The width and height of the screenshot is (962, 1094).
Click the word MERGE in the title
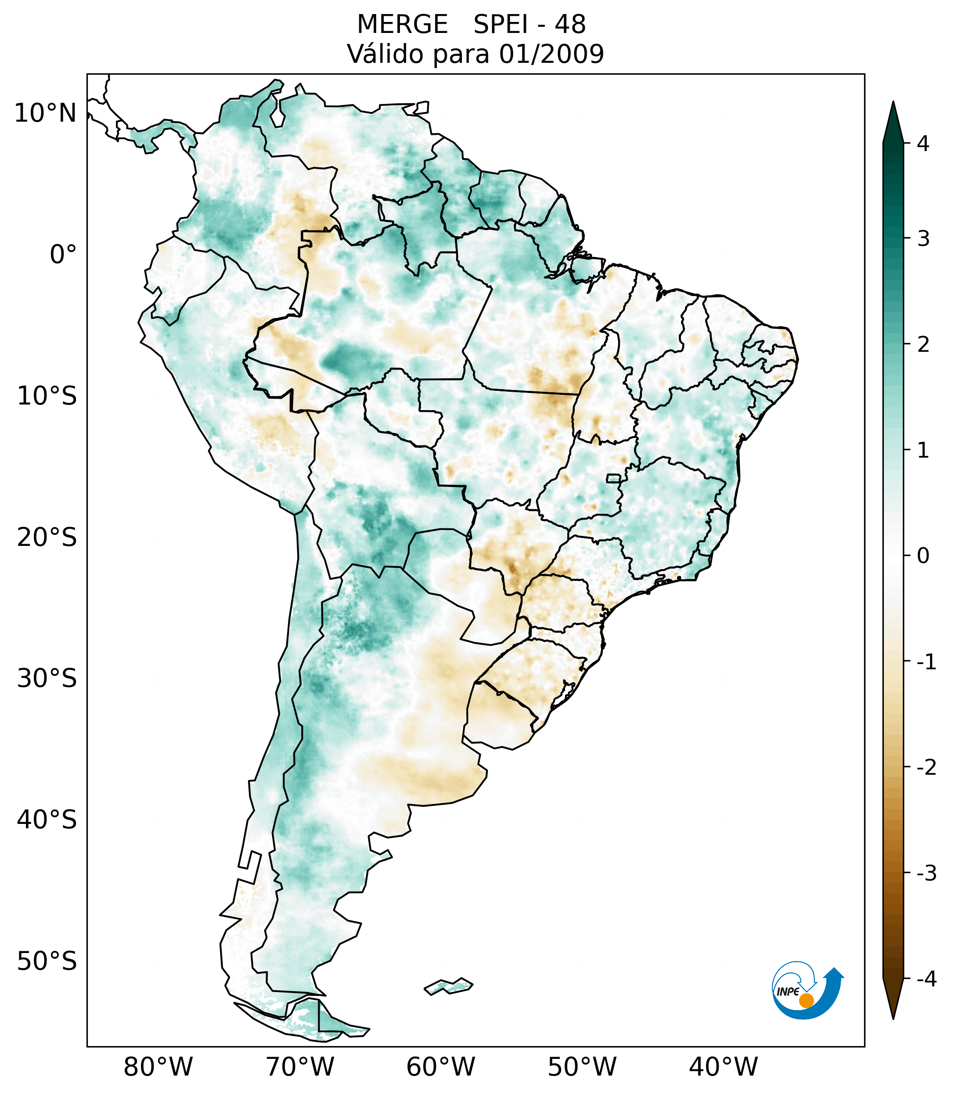[402, 25]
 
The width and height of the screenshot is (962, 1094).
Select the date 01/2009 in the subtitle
[551, 54]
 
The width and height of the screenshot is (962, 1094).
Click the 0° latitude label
[63, 255]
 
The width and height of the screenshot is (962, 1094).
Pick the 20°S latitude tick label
[47, 538]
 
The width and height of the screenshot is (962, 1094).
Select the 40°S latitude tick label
[47, 820]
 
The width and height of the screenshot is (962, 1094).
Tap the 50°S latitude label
[47, 962]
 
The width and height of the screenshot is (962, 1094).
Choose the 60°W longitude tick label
[440, 1067]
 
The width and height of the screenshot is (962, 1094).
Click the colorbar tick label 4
[923, 144]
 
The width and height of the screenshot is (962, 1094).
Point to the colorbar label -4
[926, 979]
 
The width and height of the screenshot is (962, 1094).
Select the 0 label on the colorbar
[923, 556]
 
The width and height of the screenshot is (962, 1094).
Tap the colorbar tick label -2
[926, 768]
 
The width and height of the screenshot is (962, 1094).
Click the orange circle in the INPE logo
[806, 1000]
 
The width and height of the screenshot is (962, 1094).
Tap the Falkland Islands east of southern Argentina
[448, 986]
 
